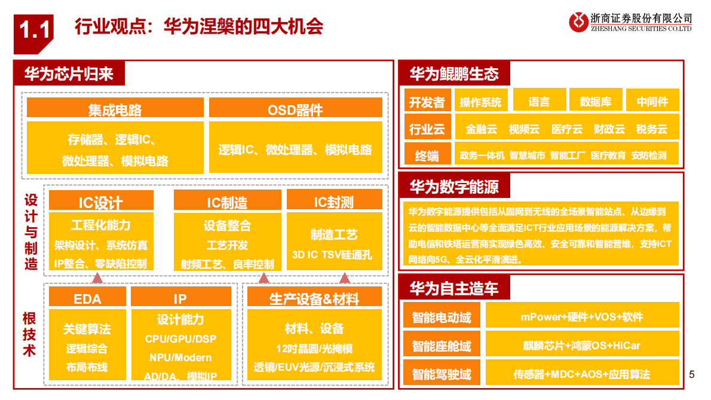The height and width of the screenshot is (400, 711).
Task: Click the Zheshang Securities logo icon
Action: coord(578,22)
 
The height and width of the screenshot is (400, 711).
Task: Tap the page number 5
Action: coord(692,375)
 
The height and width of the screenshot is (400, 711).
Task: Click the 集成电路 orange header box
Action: coord(115,109)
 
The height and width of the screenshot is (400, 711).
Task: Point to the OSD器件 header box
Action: coord(295,109)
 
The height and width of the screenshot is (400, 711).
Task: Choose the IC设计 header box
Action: coord(101,201)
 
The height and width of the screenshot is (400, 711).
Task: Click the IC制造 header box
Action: coord(227,201)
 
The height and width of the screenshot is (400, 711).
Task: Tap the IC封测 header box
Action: coord(334,201)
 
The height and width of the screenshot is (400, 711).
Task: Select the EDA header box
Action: coord(87,298)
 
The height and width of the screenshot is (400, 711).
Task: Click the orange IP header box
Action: coord(180,298)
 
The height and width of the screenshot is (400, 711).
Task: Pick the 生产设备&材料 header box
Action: coord(314,298)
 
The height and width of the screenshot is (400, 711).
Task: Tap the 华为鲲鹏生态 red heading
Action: coord(454,74)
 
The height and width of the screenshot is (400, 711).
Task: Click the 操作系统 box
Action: coord(481,101)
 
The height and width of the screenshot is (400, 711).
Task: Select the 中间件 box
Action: coord(652,101)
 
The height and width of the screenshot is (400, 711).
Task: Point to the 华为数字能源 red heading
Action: coord(454,187)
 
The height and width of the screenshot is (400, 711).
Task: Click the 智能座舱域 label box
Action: coord(442,346)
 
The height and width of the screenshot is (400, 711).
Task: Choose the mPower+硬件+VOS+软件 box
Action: coord(582,316)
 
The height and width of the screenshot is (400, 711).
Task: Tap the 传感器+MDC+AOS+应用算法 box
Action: coord(582,374)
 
